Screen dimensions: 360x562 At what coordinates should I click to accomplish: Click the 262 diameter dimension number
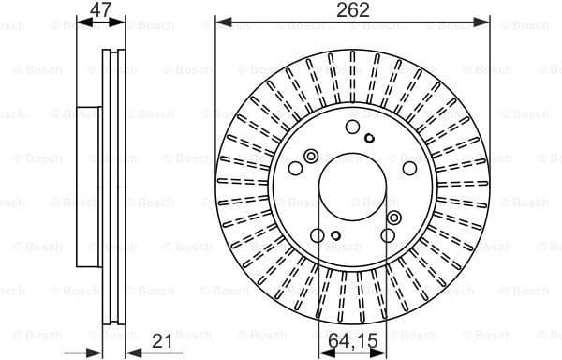(x=352, y=10)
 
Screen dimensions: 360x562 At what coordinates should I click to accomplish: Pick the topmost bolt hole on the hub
(x=352, y=127)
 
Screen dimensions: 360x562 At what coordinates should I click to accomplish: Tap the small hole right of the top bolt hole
(x=369, y=139)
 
